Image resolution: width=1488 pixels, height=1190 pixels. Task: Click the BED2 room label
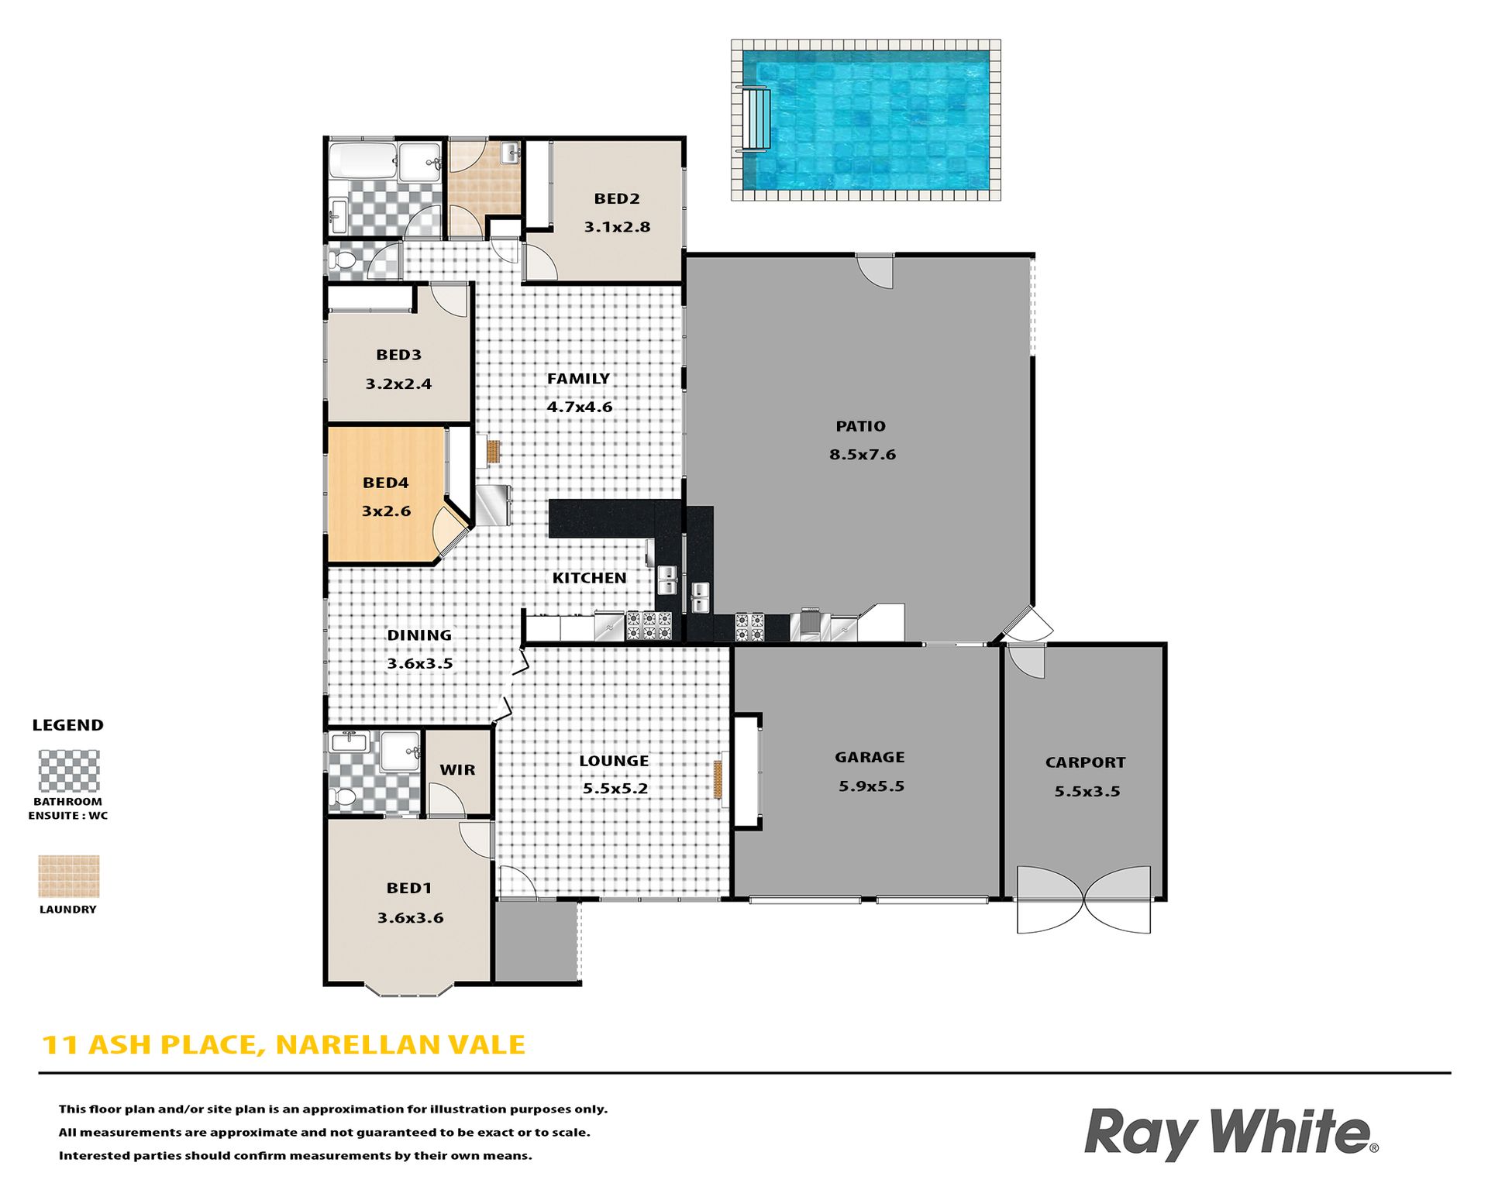click(617, 198)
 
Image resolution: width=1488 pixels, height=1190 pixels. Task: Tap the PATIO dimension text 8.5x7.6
click(863, 455)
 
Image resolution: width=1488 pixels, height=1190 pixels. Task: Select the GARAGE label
click(870, 757)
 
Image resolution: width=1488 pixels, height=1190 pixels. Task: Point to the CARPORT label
click(1085, 762)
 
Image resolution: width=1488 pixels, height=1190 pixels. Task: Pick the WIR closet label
click(457, 770)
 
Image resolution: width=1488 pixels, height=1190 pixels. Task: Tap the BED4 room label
click(385, 483)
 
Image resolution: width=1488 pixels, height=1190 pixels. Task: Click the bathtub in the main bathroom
click(363, 160)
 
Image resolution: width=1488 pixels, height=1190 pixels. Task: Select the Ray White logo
click(1231, 1133)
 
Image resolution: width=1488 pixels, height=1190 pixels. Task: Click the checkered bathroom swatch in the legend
click(69, 771)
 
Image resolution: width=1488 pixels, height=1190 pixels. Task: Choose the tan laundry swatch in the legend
click(69, 876)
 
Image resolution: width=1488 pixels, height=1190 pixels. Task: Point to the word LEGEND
click(67, 725)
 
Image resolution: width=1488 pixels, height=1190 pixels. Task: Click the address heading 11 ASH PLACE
click(148, 1045)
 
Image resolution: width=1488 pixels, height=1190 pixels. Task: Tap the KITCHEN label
click(589, 578)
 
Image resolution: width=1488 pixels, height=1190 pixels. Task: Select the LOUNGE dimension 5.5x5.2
click(615, 789)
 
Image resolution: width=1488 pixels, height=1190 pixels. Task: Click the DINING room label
click(419, 635)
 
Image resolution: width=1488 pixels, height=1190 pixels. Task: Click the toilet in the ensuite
click(342, 797)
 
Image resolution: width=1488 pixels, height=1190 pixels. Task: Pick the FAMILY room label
click(578, 379)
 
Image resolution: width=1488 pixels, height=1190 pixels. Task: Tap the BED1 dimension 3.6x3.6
click(410, 918)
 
